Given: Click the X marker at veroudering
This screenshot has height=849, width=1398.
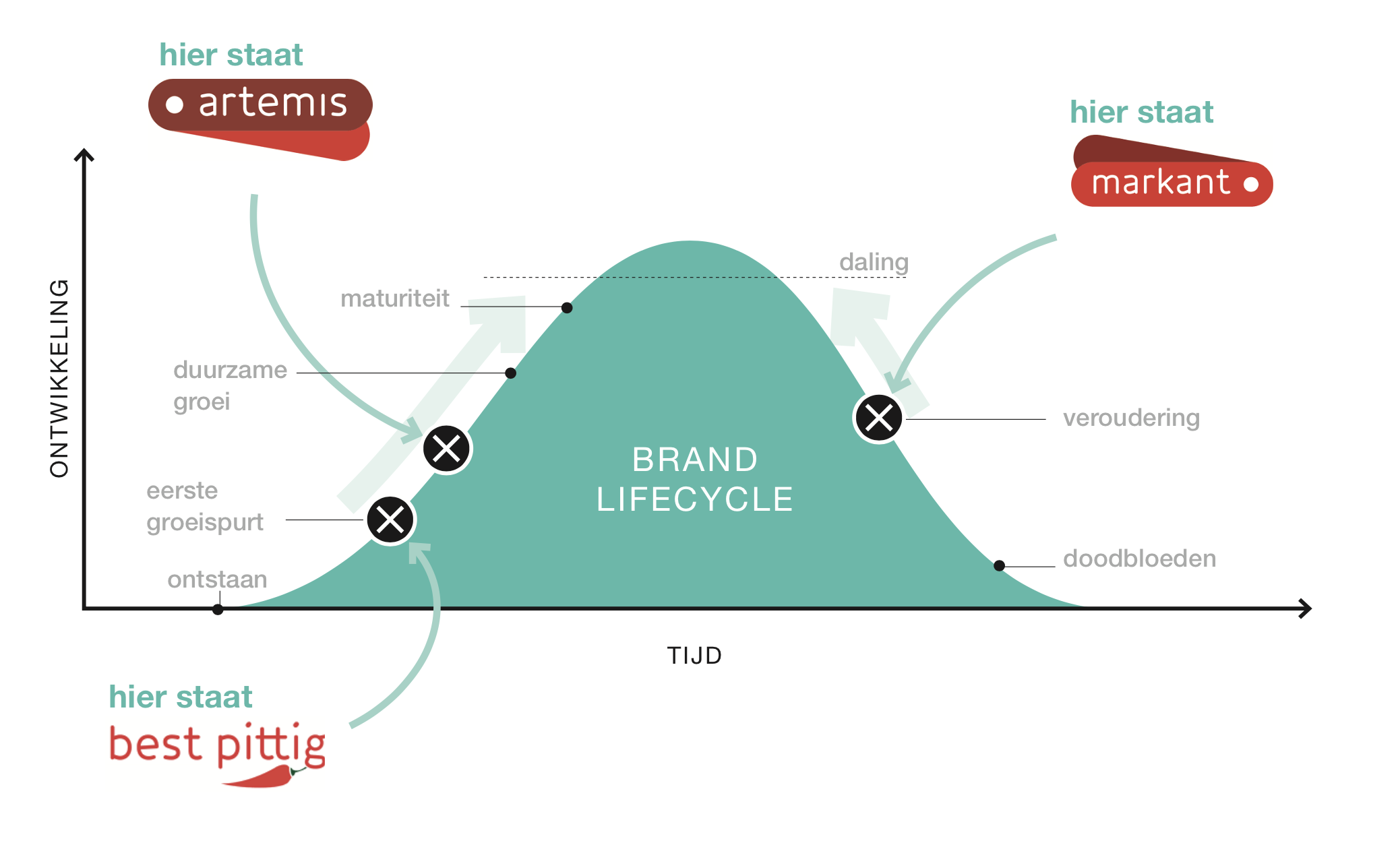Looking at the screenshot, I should [x=878, y=418].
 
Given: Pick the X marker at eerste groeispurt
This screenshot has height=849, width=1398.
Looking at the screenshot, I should [x=390, y=520].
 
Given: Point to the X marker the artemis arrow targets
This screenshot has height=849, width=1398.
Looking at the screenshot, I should [x=447, y=449].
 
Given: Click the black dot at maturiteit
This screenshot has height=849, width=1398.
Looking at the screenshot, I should [x=567, y=308].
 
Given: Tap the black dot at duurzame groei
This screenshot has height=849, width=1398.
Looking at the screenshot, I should [x=511, y=373].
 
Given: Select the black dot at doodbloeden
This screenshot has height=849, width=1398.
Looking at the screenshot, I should [x=1000, y=566].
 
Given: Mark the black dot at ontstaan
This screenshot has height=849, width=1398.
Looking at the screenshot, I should [x=218, y=610].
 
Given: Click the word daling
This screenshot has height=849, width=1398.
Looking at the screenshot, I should [x=874, y=262].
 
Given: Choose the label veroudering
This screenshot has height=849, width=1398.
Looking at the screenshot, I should [x=1131, y=418].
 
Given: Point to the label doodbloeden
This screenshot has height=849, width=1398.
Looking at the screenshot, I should [x=1139, y=559].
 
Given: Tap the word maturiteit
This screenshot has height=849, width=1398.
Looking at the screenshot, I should [x=394, y=298].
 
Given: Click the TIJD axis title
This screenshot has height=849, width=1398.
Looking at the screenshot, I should [x=694, y=656].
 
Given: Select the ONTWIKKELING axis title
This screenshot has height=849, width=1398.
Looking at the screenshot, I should [x=59, y=378].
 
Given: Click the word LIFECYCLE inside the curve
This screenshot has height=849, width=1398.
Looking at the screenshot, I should [x=695, y=499].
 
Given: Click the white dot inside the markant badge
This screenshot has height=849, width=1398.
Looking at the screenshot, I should [x=1251, y=184].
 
